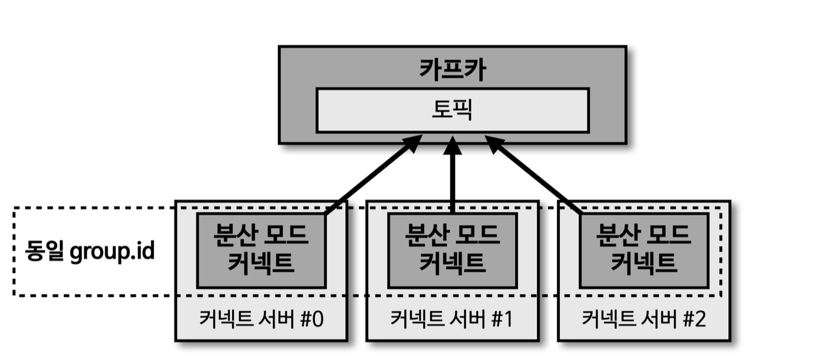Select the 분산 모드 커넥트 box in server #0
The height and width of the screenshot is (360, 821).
(x=261, y=249)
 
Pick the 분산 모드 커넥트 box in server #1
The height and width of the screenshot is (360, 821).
(x=452, y=249)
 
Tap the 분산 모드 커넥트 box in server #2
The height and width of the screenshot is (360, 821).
(x=644, y=249)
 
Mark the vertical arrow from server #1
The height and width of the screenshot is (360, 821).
(x=452, y=179)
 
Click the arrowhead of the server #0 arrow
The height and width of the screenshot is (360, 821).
(x=413, y=144)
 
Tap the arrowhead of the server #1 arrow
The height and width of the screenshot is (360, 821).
(x=452, y=145)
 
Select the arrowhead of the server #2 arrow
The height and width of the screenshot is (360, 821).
(x=494, y=144)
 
